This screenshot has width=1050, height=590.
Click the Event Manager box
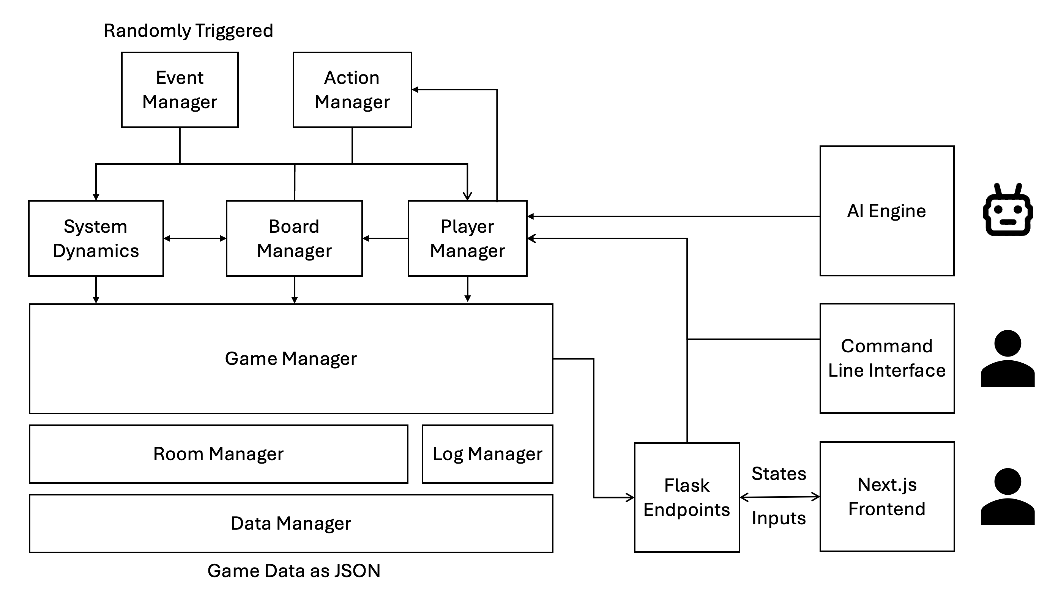tap(180, 90)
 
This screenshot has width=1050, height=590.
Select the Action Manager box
tap(352, 90)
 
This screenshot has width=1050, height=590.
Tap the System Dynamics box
tap(96, 238)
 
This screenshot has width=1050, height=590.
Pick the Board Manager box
tap(294, 238)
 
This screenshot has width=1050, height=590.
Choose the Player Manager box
tap(467, 238)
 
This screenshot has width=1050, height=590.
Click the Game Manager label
tap(291, 359)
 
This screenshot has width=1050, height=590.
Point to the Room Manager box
tap(219, 454)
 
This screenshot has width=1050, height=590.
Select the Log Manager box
tap(487, 454)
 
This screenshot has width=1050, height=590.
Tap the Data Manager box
tap(291, 524)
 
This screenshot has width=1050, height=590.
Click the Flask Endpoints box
tap(687, 497)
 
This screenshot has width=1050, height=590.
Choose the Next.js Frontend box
tap(887, 497)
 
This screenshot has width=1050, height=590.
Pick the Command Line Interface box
tap(887, 358)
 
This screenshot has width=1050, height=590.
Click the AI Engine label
tap(886, 211)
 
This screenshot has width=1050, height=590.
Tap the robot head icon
tap(1007, 211)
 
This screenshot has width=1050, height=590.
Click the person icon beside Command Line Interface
tap(1007, 359)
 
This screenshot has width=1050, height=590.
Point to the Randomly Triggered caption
tap(188, 31)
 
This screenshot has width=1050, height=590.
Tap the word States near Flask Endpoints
tap(779, 474)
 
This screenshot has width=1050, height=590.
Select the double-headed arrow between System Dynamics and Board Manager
tap(195, 238)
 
